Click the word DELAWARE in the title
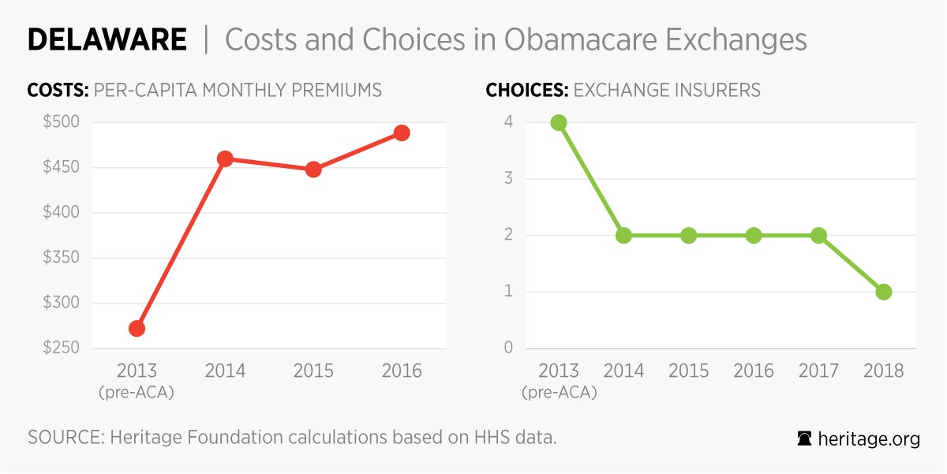coord(107,39)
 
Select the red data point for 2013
coord(137,328)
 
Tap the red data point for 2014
coord(225,159)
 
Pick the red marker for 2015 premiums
coord(313,169)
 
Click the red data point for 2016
coord(402,132)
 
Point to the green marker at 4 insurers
coord(559,122)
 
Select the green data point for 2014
coord(623,235)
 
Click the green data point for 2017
coord(818,235)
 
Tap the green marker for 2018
coord(884,292)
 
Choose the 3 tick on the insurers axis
coord(508,179)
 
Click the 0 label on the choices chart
coord(508,349)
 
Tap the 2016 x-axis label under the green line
coord(754,371)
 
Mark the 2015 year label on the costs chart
coord(313,371)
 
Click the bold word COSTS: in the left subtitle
coord(58,90)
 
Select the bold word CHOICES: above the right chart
coord(526,90)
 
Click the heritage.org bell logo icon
coord(805,439)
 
